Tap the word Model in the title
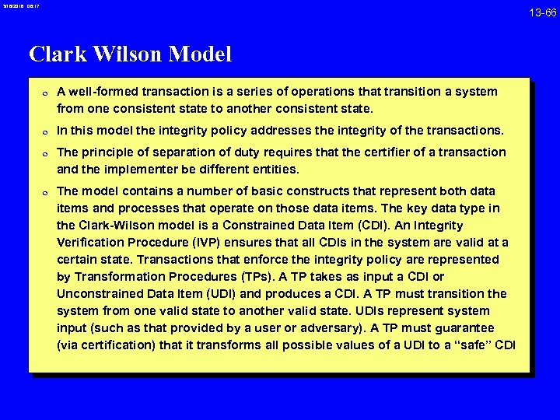pyautogui.click(x=198, y=54)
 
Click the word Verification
pyautogui.click(x=89, y=243)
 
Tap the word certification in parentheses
pyautogui.click(x=113, y=345)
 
